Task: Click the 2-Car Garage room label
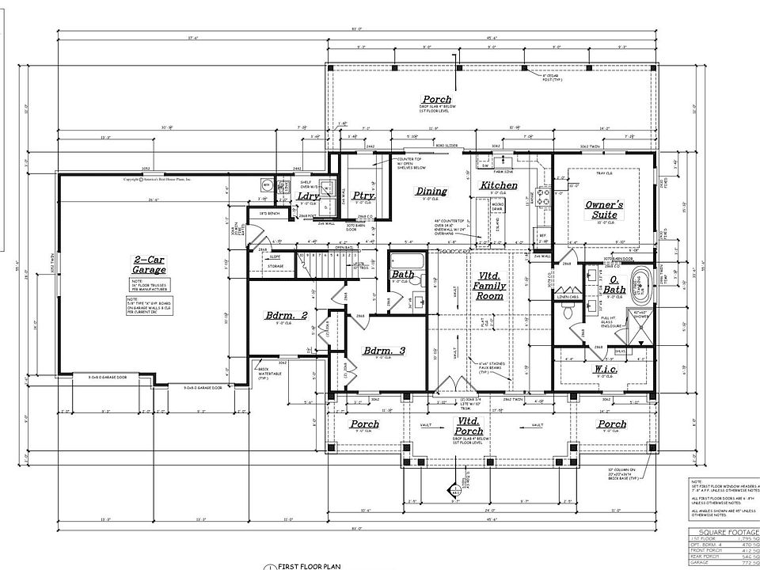pos(150,264)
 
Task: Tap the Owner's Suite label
pos(604,210)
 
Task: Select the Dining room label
pos(431,191)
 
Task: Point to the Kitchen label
pos(500,186)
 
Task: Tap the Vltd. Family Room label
pos(489,284)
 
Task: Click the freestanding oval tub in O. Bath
pos(638,283)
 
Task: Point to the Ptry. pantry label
pos(363,196)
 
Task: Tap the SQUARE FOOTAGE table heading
pos(723,532)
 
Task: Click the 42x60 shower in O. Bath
pos(641,325)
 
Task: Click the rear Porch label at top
pos(436,100)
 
